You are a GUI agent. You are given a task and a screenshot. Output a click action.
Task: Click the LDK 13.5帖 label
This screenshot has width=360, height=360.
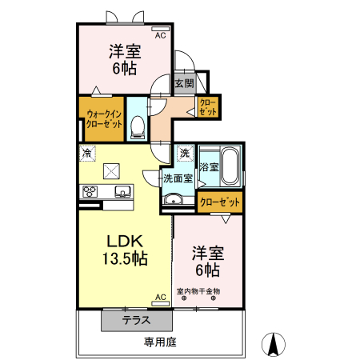125,249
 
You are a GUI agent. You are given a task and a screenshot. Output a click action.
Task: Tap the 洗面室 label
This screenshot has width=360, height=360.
177,178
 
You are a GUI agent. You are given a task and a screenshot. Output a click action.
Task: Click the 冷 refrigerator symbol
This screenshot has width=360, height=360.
85,152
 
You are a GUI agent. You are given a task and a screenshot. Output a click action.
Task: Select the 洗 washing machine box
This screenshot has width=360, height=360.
185,153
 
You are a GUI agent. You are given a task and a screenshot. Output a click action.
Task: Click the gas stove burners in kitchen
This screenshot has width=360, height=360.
89,190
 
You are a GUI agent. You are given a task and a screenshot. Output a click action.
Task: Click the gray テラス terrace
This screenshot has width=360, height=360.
137,320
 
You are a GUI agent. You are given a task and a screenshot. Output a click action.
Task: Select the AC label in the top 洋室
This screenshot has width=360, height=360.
160,36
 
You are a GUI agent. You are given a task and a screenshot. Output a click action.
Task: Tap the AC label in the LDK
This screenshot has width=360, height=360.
160,298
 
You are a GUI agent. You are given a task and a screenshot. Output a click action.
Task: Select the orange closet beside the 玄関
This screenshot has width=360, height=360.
208,106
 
